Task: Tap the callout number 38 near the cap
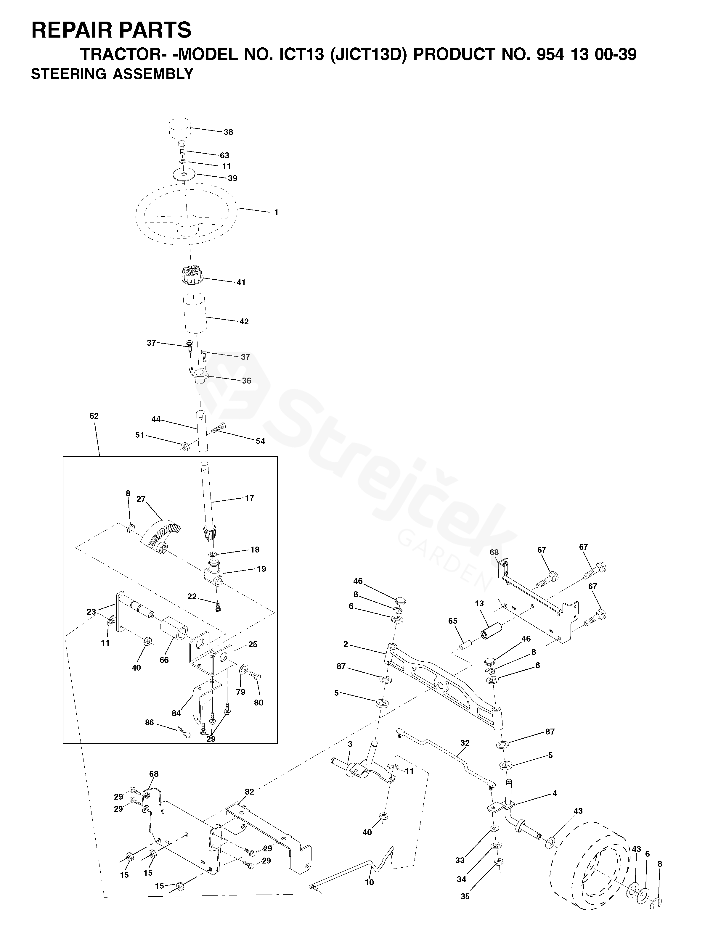coord(228,132)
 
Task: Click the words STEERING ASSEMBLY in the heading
coord(112,74)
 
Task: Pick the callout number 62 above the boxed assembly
coord(94,416)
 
